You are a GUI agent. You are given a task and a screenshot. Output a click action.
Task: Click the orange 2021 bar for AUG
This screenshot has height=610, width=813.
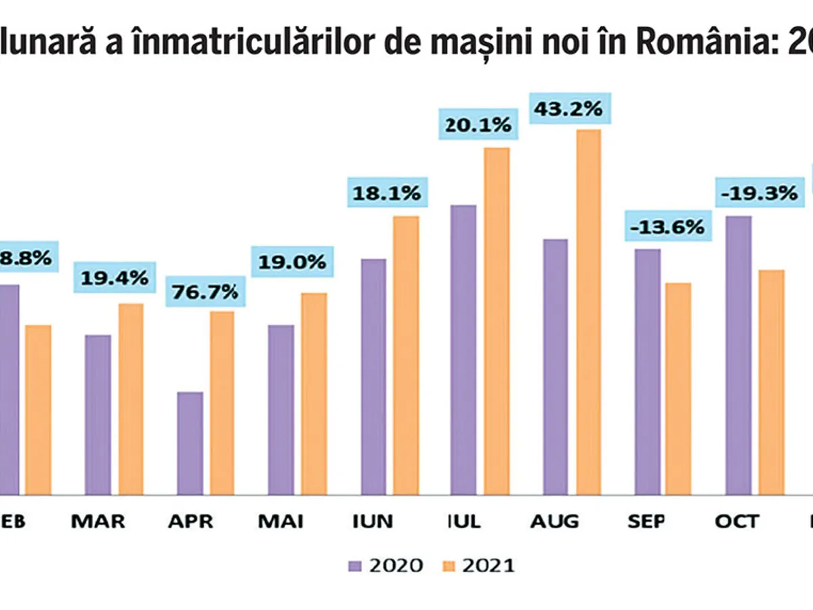(587, 312)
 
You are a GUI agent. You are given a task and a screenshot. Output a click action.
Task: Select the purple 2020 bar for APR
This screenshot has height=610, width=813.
(190, 443)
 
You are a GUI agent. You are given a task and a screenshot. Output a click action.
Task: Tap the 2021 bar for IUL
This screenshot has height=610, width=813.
(496, 321)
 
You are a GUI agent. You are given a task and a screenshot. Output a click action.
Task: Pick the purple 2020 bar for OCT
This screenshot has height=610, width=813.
(738, 355)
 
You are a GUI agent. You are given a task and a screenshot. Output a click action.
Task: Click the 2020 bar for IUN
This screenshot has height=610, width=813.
(373, 376)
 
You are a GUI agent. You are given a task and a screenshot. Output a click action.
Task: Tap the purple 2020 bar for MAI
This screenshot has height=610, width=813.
(281, 409)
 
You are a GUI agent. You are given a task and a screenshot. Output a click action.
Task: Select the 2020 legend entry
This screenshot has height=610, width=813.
(386, 565)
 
